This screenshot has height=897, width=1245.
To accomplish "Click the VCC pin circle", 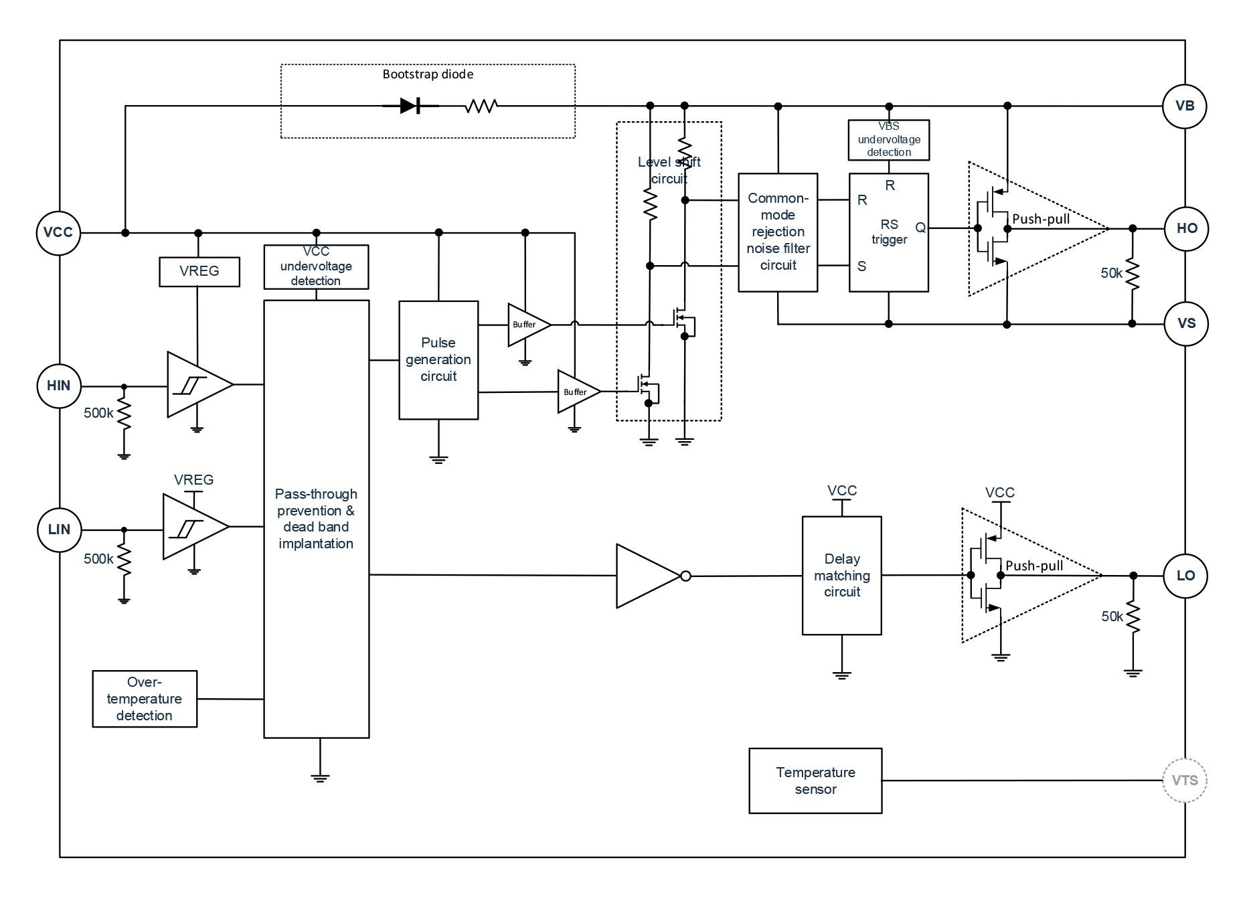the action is point(58,233).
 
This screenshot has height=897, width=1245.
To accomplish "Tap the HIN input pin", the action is point(59,386).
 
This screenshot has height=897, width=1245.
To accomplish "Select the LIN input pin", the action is point(59,529).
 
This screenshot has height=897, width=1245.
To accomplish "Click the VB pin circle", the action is point(1185,106).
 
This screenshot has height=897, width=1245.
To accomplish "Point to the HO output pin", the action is point(1187,228).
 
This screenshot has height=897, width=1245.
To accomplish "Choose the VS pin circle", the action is point(1186,323).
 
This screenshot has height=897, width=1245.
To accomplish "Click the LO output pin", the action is point(1185,576).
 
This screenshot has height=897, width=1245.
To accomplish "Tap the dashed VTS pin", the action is point(1185,780).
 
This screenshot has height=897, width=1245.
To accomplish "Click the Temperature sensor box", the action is point(815,781).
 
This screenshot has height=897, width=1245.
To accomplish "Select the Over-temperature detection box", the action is point(145,699).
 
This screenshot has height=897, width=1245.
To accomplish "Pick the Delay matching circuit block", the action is point(842,576).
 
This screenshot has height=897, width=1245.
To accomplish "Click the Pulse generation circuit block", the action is point(438,360).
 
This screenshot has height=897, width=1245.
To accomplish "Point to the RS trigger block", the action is point(889,232).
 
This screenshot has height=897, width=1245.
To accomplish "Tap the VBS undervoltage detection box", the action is point(889,140).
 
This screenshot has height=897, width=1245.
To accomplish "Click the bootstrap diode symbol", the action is point(410,106).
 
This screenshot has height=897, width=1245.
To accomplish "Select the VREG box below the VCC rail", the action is point(199,271).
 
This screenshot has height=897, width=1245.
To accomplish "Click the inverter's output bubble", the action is point(685,576).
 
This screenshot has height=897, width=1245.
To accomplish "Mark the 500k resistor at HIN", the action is point(124,414).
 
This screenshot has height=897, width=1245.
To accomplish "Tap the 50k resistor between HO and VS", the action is point(1132,274).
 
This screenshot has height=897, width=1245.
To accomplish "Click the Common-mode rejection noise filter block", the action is point(778,232).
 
